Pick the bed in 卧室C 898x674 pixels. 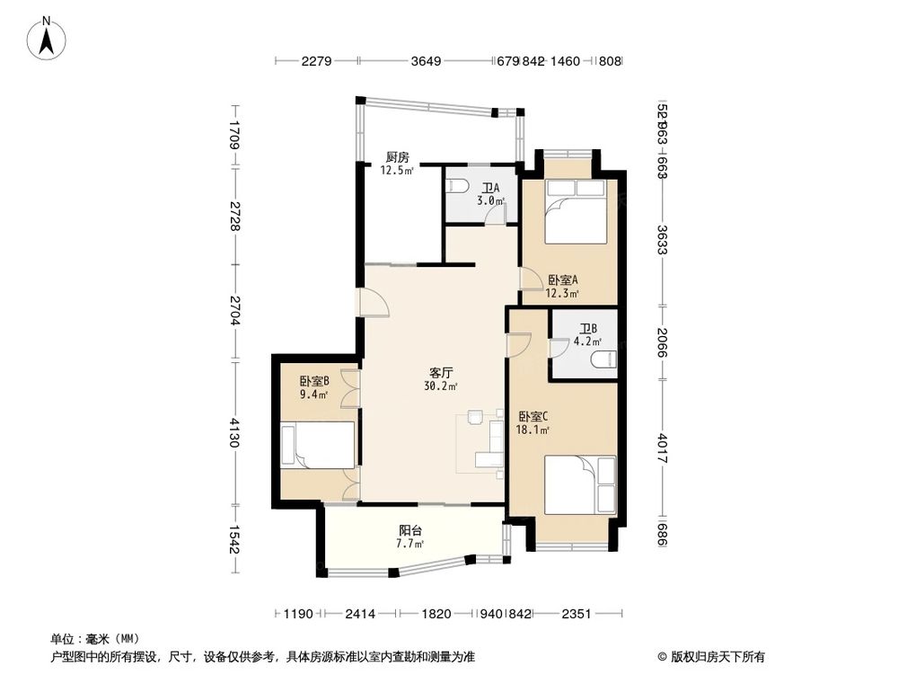pos(580,485)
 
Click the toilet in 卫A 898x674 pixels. pos(456,186)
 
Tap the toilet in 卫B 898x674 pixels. pos(604,360)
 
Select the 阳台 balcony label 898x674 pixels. pos(412,530)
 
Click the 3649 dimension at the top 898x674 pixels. pos(427,61)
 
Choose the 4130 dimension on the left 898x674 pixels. pos(234,433)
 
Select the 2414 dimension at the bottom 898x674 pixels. pos(360,614)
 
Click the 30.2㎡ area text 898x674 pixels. pos(440,386)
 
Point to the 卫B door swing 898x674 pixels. pos(559,347)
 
